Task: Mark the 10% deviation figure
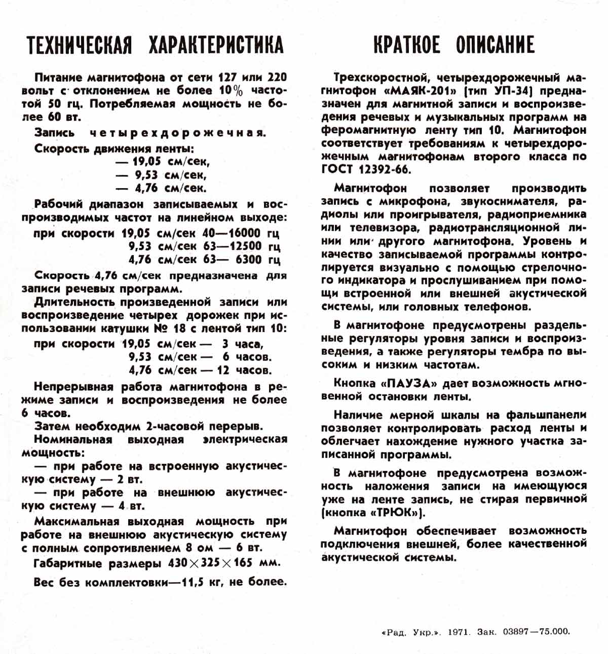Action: pyautogui.click(x=231, y=91)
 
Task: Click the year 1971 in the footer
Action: pyautogui.click(x=460, y=632)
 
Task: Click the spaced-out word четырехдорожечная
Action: pyautogui.click(x=177, y=133)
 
